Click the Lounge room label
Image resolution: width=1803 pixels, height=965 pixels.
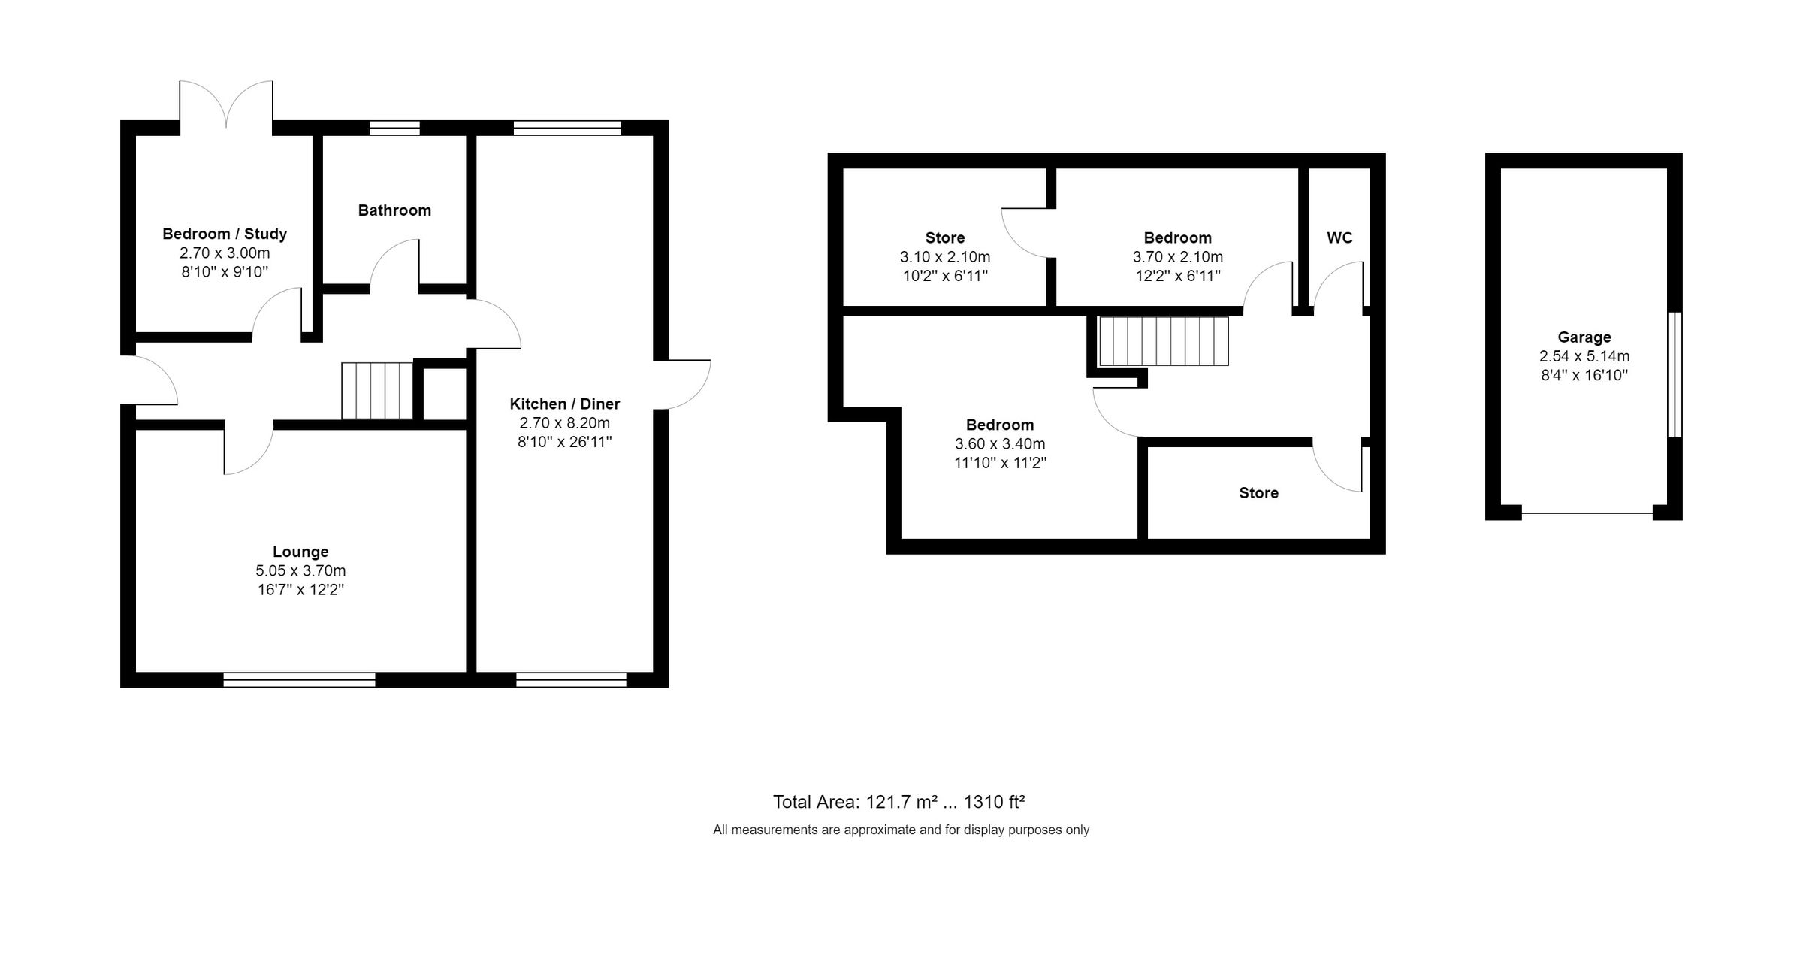pyautogui.click(x=300, y=552)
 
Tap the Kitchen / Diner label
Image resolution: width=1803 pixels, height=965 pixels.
pyautogui.click(x=565, y=404)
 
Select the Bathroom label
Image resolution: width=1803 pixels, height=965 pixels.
pyautogui.click(x=394, y=210)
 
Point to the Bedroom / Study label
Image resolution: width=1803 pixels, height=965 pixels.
pyautogui.click(x=225, y=234)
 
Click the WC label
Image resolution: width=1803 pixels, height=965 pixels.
pyautogui.click(x=1339, y=237)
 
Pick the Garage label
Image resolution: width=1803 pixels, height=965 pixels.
pyautogui.click(x=1584, y=337)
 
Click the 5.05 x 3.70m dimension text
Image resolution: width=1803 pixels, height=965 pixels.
pyautogui.click(x=300, y=570)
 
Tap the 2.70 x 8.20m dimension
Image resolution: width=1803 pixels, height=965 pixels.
pyautogui.click(x=565, y=423)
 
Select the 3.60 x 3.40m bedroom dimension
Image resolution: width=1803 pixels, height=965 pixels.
pyautogui.click(x=1000, y=444)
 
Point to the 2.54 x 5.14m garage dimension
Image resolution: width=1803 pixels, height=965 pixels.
pyautogui.click(x=1584, y=356)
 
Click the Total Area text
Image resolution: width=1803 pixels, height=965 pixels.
pyautogui.click(x=899, y=802)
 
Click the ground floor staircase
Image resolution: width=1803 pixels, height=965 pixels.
pyautogui.click(x=377, y=390)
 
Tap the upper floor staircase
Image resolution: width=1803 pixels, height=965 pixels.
pyautogui.click(x=1164, y=341)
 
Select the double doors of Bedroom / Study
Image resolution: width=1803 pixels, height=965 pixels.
pyautogui.click(x=226, y=104)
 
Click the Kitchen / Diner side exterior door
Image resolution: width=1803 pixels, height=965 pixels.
pyautogui.click(x=682, y=385)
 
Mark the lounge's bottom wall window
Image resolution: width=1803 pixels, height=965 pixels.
pyautogui.click(x=300, y=680)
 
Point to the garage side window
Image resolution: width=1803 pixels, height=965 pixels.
pyautogui.click(x=1675, y=374)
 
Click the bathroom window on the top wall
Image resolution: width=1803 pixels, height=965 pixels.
pyautogui.click(x=395, y=128)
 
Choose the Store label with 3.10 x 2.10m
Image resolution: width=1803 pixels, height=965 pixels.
pyautogui.click(x=945, y=237)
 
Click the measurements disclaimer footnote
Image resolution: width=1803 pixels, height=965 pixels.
pyautogui.click(x=901, y=830)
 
